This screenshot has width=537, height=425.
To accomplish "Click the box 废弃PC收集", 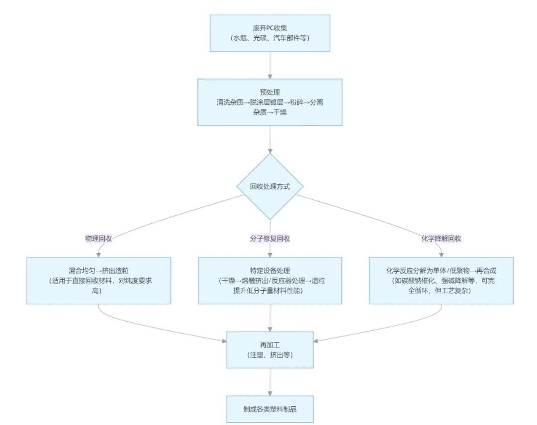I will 270,33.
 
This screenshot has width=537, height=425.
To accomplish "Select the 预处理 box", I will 270,102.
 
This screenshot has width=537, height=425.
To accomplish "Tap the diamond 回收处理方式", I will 270,187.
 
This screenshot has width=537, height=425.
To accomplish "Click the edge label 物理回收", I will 98,239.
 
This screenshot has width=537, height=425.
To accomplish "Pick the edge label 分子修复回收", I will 270,239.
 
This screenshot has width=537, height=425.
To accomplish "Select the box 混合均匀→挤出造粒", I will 98,280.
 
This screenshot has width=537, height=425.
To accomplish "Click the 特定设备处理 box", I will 270,280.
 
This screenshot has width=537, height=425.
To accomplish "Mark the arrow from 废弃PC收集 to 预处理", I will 270,65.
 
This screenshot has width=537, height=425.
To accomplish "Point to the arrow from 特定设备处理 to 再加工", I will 270,318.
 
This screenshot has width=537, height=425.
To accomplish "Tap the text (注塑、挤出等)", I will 270,355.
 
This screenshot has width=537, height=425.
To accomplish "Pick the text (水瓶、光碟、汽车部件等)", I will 270,38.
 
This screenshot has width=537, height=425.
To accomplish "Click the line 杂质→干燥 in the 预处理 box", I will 270,112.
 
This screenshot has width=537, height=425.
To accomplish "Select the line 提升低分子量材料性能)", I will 270,290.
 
